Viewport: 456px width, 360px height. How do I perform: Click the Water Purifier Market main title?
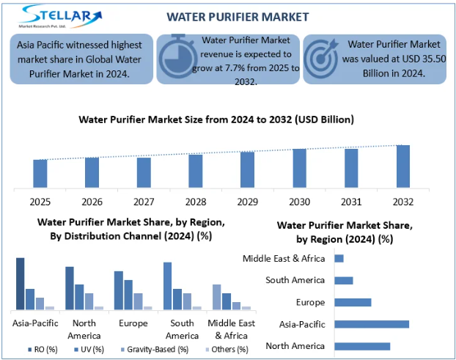click(x=228, y=16)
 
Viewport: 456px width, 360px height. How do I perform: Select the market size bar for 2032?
click(x=403, y=166)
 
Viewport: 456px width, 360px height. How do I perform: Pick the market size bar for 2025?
click(x=40, y=173)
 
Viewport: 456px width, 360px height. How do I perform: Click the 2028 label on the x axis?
click(x=196, y=201)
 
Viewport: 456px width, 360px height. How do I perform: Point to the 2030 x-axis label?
click(x=299, y=201)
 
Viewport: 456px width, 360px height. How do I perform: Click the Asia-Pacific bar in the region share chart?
click(x=372, y=324)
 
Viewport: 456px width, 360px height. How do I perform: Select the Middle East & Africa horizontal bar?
click(x=339, y=258)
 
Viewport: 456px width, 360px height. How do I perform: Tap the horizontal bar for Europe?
click(x=353, y=302)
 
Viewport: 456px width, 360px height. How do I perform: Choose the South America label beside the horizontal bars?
click(x=296, y=280)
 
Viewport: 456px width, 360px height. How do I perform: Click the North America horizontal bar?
click(x=362, y=346)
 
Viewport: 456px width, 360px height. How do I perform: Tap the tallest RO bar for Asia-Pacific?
click(x=21, y=283)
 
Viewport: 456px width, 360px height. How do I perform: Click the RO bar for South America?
click(x=167, y=285)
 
